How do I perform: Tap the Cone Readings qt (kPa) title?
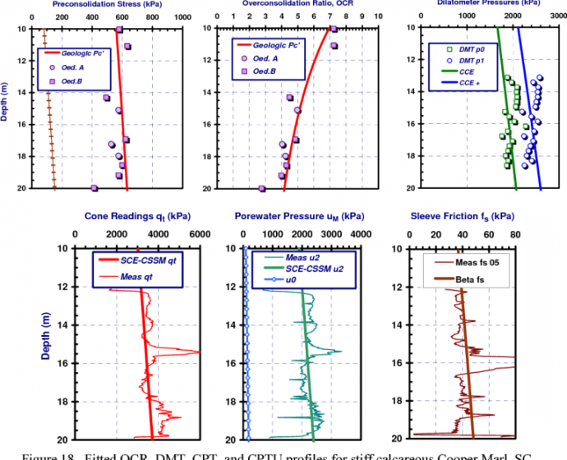coord(137,217)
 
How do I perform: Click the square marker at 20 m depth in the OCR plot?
coord(262,188)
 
